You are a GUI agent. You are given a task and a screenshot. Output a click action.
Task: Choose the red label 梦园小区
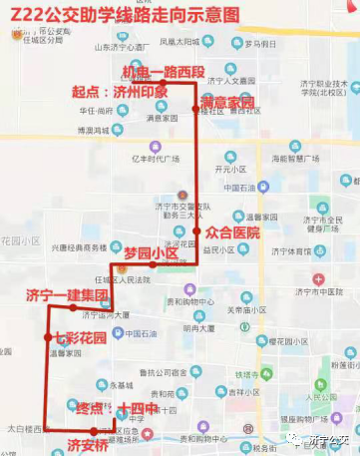pyautogui.click(x=150, y=253)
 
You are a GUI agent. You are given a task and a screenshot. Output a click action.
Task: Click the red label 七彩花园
pyautogui.click(x=81, y=339)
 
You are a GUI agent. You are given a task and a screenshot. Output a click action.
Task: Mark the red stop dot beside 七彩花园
pyautogui.click(x=47, y=339)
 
